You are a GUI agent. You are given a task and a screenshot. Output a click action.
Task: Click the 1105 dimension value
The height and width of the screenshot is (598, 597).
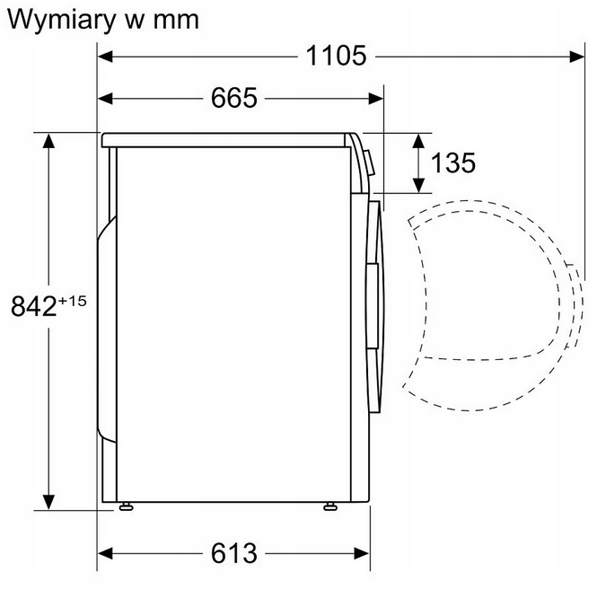click(336, 56)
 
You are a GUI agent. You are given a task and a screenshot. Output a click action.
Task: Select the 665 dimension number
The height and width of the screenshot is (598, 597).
click(234, 97)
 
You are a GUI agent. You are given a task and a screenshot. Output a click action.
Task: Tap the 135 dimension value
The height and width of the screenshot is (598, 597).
click(452, 163)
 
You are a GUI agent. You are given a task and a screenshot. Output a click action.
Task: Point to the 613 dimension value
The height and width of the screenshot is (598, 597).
click(234, 553)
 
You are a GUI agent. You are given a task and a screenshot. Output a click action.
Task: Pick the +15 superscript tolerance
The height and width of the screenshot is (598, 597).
click(72, 300)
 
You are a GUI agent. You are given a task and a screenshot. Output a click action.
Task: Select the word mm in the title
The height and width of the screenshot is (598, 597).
click(171, 20)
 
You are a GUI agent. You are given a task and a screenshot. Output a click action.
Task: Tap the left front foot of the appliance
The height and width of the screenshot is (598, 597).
click(127, 508)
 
